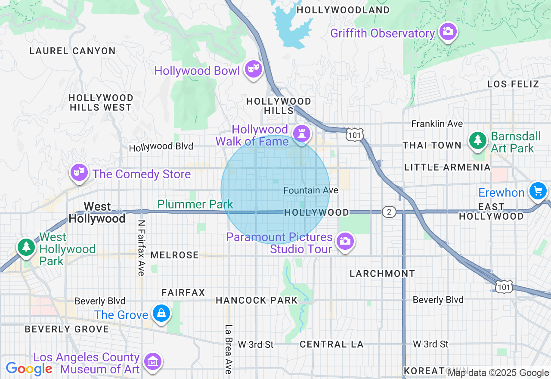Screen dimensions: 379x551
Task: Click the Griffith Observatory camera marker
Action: pos(448,31)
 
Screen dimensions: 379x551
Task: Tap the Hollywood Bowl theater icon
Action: pos(253,68)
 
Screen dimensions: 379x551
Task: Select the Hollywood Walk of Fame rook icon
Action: pos(301,133)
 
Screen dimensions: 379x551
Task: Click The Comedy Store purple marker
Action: pos(79,172)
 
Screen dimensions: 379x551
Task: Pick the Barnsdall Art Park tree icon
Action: pos(477,140)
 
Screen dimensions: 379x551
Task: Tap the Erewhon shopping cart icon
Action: pos(538,190)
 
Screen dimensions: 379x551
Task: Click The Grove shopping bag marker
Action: pos(161,313)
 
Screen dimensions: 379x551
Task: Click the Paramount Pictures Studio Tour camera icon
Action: pos(345,241)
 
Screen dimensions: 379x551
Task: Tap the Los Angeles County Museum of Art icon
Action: pos(152,362)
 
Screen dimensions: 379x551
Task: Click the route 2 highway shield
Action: pos(389,212)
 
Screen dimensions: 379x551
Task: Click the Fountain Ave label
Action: pos(311,190)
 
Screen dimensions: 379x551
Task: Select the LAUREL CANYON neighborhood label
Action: pos(72,51)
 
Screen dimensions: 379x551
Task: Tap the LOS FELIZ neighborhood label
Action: pos(513,84)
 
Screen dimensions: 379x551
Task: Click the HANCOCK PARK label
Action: pos(257,300)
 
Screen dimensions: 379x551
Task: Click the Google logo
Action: pos(29,369)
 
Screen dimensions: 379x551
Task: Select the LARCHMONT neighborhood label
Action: pos(382,273)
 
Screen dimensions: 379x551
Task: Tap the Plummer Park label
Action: pos(195,204)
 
